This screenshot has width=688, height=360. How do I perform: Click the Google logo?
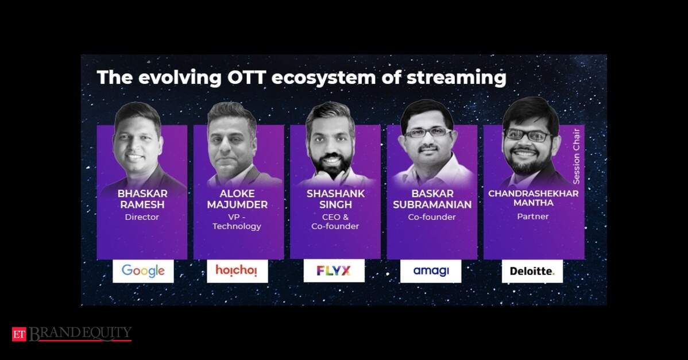coord(143,271)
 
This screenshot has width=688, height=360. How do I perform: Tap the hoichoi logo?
coord(237,270)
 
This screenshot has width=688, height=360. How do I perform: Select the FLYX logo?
coord(334,271)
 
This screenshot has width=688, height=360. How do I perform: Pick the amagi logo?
coord(431,271)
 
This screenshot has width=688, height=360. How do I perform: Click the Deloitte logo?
coord(532,272)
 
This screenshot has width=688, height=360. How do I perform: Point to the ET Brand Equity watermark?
coord(72,334)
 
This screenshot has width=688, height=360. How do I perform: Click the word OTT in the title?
coord(246,78)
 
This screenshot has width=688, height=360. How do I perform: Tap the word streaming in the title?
coord(457,78)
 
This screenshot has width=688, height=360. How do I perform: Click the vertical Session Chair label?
coord(576,156)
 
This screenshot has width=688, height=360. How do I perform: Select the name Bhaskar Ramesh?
coord(142,199)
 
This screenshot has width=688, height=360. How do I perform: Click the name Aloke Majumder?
coord(237,199)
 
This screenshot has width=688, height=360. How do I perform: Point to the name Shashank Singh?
coord(335,199)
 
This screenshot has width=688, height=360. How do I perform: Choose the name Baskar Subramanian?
coord(432,199)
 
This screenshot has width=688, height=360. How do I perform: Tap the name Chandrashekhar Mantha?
coord(533,198)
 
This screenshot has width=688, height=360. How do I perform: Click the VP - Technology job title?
coord(237,222)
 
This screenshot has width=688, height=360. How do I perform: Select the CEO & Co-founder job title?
coord(335,222)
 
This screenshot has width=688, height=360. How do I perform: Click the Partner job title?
coord(533,216)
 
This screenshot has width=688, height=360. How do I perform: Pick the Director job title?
coord(142,217)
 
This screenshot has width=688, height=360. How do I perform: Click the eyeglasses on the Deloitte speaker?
coord(528,134)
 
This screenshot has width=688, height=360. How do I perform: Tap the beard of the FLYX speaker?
coord(331,164)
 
